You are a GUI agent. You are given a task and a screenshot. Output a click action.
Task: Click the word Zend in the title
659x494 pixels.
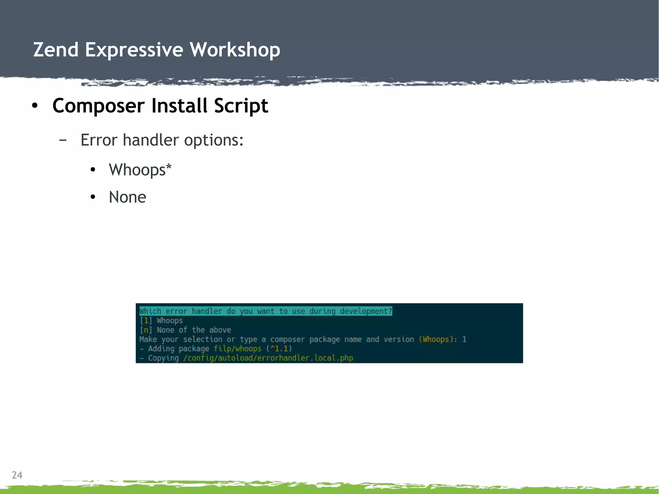(x=56, y=50)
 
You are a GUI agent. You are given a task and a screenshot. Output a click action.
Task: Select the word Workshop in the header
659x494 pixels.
(x=235, y=50)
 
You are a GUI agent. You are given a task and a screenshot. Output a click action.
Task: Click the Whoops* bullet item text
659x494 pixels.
(x=140, y=170)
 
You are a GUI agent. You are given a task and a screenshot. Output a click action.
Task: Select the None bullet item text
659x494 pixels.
(x=127, y=197)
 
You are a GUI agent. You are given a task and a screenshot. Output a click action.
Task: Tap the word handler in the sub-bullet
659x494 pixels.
(x=151, y=140)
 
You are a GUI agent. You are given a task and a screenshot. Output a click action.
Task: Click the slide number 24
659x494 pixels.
(x=17, y=475)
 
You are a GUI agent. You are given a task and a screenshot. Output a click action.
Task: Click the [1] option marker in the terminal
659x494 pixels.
(x=146, y=321)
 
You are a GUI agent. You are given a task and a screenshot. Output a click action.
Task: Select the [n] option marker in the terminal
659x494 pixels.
(x=146, y=330)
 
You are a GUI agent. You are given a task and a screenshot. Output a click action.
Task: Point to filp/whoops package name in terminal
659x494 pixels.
(x=237, y=349)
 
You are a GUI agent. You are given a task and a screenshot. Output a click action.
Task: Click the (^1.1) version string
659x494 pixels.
(x=279, y=349)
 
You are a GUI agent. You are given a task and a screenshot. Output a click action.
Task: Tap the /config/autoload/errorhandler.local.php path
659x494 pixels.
(x=268, y=358)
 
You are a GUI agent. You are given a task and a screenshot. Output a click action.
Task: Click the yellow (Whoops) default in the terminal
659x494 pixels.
(x=436, y=339)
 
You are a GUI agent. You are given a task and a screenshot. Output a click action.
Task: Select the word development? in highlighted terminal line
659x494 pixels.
(x=366, y=311)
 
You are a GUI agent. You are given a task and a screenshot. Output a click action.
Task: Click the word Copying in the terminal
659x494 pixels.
(x=163, y=358)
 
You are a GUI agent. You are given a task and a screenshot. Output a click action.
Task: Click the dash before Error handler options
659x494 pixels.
(x=63, y=140)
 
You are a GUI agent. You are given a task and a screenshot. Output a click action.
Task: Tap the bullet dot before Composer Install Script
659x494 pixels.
(x=35, y=106)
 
